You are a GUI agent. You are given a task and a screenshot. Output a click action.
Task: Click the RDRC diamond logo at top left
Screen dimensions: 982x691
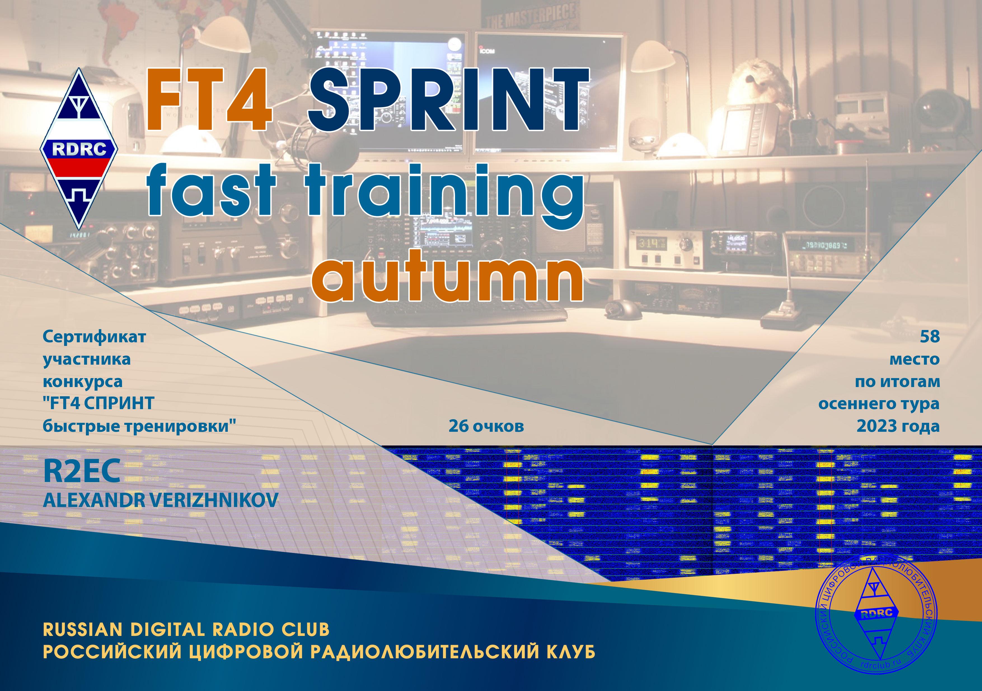coord(79,149)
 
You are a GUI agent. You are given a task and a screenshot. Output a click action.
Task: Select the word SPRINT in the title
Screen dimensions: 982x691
coord(448,99)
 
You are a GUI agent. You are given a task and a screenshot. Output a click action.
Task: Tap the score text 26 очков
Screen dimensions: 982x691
coord(486,426)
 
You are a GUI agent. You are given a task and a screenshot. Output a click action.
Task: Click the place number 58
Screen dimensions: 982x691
coord(929,337)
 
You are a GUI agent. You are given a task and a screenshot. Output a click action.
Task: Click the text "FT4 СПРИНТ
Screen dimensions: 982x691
coord(99,404)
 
